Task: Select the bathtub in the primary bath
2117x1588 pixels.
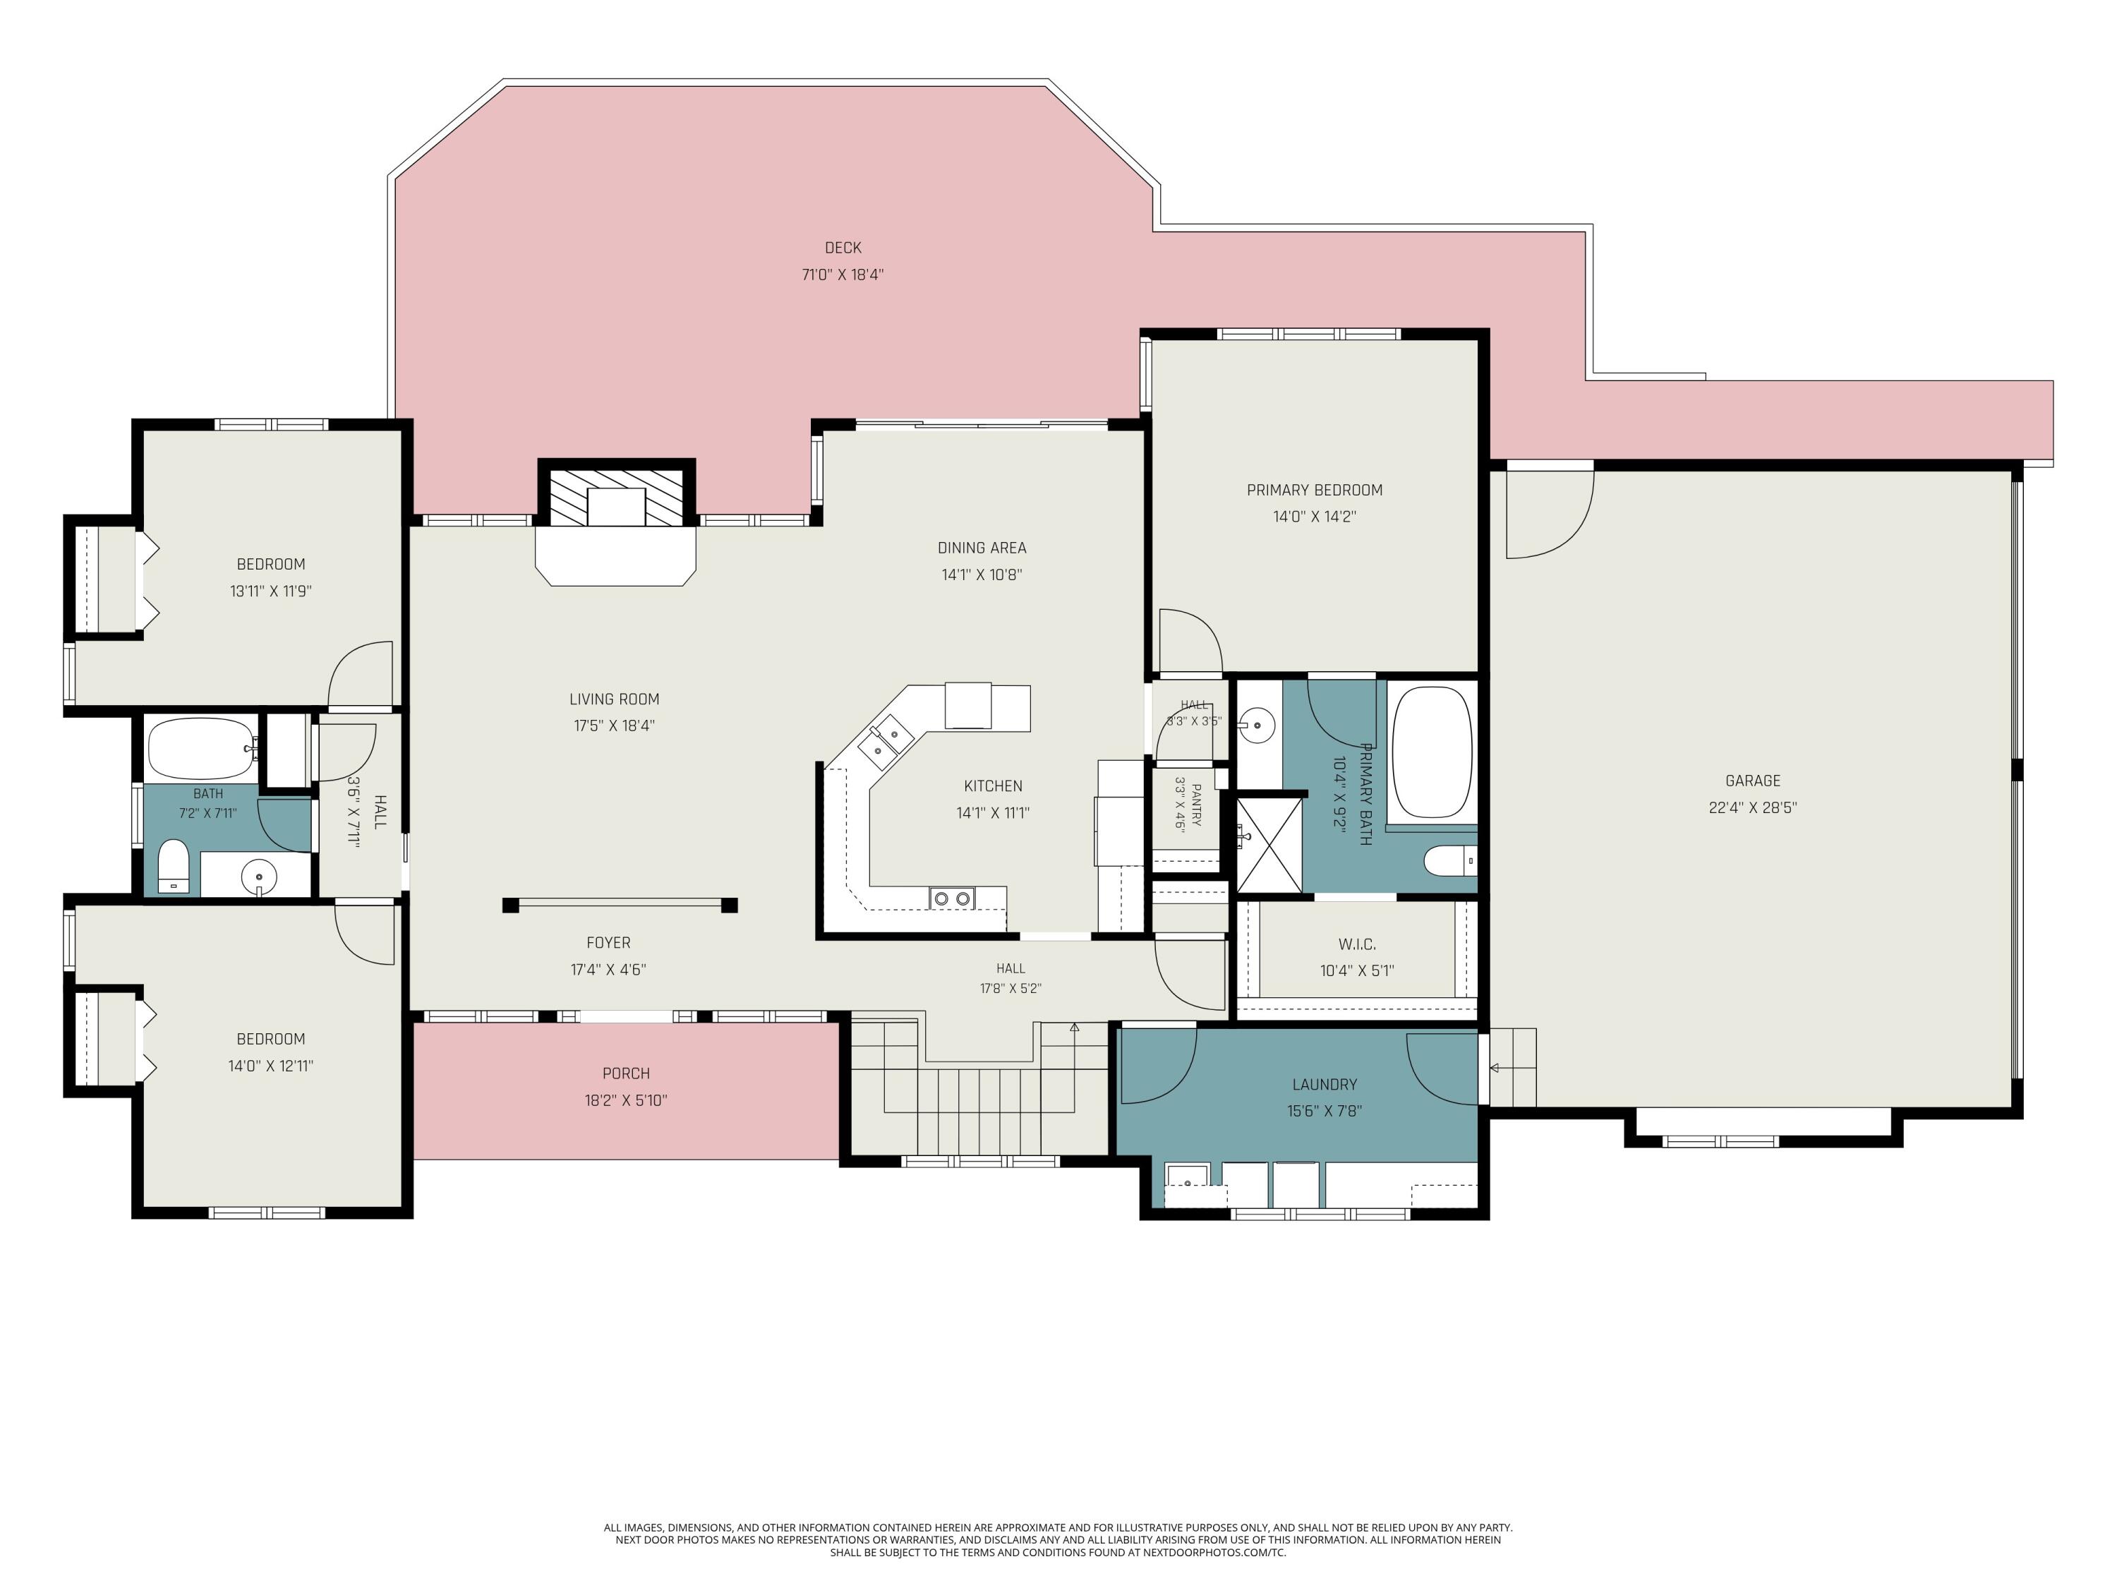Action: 1432,752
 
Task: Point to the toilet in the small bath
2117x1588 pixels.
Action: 173,865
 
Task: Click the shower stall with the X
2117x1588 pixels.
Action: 1269,844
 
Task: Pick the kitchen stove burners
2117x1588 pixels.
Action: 952,898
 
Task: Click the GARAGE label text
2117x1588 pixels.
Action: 1752,781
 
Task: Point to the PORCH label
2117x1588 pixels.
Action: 626,1074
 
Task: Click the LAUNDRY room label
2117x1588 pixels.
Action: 1325,1085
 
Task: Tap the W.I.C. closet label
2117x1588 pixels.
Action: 1357,944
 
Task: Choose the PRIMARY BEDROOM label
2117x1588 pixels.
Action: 1314,490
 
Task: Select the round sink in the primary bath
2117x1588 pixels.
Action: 1257,726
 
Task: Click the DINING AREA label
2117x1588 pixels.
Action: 982,548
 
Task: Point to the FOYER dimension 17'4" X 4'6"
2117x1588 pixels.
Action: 609,970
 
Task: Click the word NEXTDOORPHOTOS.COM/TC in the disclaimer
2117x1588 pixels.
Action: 1214,1553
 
